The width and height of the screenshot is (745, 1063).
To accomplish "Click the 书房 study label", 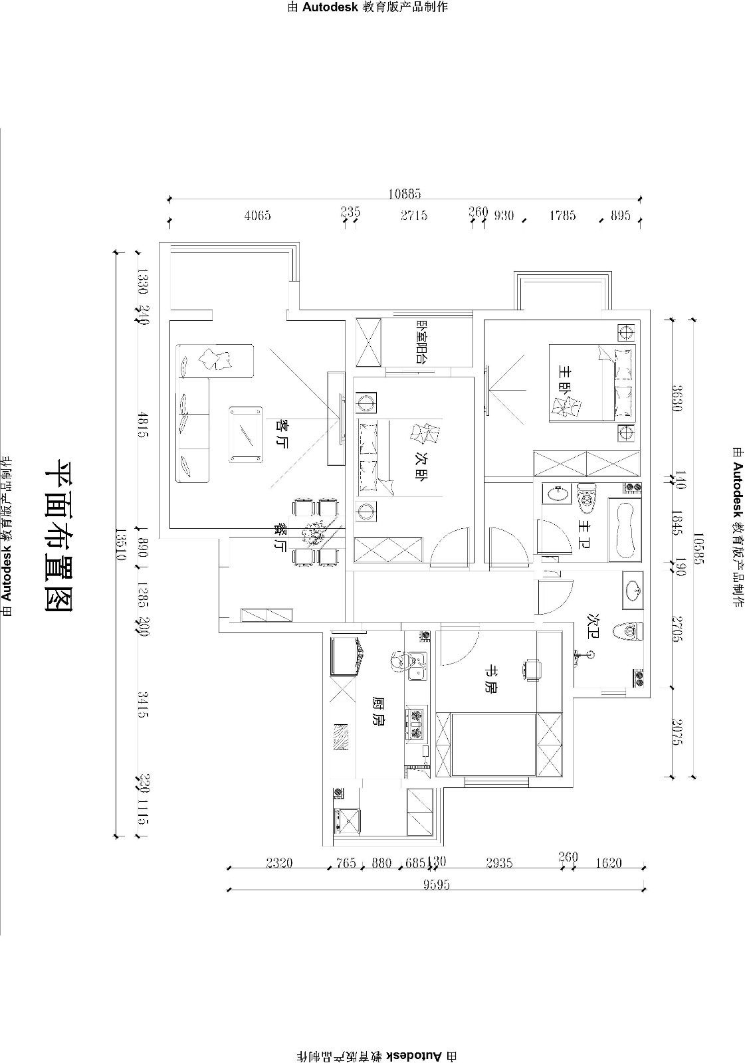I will pyautogui.click(x=490, y=686).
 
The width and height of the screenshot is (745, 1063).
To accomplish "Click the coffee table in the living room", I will pyautogui.click(x=244, y=435).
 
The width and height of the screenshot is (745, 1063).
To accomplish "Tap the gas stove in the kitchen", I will pyautogui.click(x=417, y=724).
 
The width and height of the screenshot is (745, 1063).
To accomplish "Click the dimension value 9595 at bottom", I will pyautogui.click(x=435, y=884).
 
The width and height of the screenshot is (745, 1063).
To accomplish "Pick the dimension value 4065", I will pyautogui.click(x=257, y=215).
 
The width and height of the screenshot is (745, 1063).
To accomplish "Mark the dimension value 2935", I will pyautogui.click(x=499, y=863).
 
